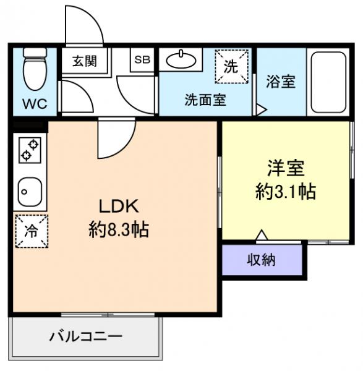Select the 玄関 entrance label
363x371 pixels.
tap(83, 61)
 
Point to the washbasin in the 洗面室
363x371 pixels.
tap(181, 61)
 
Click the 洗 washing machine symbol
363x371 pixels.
tap(231, 67)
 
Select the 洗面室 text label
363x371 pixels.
tap(205, 100)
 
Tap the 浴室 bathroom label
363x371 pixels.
tap(280, 82)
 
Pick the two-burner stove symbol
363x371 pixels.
tap(29, 150)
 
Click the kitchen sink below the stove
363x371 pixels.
tap(28, 192)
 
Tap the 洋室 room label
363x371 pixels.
tap(286, 168)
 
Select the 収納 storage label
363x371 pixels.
tap(262, 260)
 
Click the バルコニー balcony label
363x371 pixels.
tap(86, 337)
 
